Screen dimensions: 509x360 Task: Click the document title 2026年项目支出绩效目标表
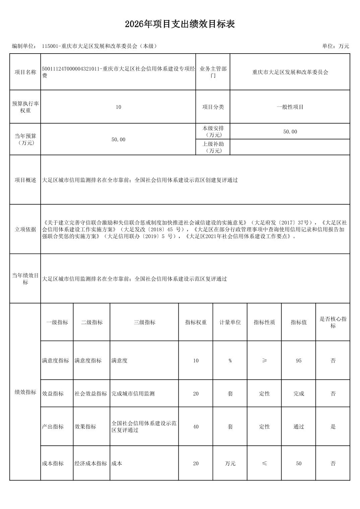[x=180, y=24]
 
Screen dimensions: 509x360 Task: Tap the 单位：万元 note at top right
[x=336, y=46]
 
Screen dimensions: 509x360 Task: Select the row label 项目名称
[x=25, y=72]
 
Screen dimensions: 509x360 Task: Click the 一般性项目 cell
[x=290, y=107]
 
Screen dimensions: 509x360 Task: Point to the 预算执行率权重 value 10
[x=118, y=107]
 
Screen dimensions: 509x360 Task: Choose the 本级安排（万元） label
[x=213, y=132]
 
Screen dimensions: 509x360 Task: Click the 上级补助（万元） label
[x=213, y=147]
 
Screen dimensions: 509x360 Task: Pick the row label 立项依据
[x=25, y=229]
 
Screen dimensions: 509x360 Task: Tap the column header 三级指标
[x=144, y=322]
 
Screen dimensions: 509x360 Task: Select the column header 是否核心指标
[x=333, y=322]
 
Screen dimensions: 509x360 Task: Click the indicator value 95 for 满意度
[x=299, y=361]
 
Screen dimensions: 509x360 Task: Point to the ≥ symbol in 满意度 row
[x=264, y=361]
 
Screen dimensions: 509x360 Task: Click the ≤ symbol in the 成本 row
[x=264, y=463]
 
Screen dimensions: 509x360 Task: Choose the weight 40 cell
[x=196, y=427]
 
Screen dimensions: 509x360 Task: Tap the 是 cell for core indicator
[x=333, y=427]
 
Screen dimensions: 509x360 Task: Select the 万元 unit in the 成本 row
[x=230, y=463]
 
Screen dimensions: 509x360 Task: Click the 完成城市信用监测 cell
[x=133, y=394]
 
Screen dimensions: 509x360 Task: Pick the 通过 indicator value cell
[x=299, y=427]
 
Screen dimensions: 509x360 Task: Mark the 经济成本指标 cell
[x=91, y=463]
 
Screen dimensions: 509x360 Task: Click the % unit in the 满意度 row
[x=230, y=361]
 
